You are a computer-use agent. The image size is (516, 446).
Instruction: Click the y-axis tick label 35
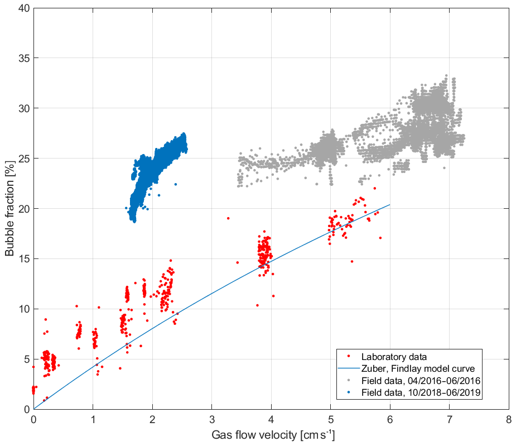point(24,58)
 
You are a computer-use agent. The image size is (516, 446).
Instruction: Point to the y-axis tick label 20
point(24,209)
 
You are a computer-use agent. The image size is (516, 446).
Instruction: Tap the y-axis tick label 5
point(26,359)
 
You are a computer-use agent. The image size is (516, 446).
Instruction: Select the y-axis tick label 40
point(24,8)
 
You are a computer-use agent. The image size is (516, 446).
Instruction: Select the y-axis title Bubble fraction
point(10,209)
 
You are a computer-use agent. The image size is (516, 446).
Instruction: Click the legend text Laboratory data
point(394,357)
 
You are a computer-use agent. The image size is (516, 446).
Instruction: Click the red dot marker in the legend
point(348,357)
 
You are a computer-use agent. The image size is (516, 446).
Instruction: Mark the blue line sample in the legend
point(348,368)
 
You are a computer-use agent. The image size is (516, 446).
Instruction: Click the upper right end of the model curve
point(389,205)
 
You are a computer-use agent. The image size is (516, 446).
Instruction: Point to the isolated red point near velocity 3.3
point(228,218)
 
